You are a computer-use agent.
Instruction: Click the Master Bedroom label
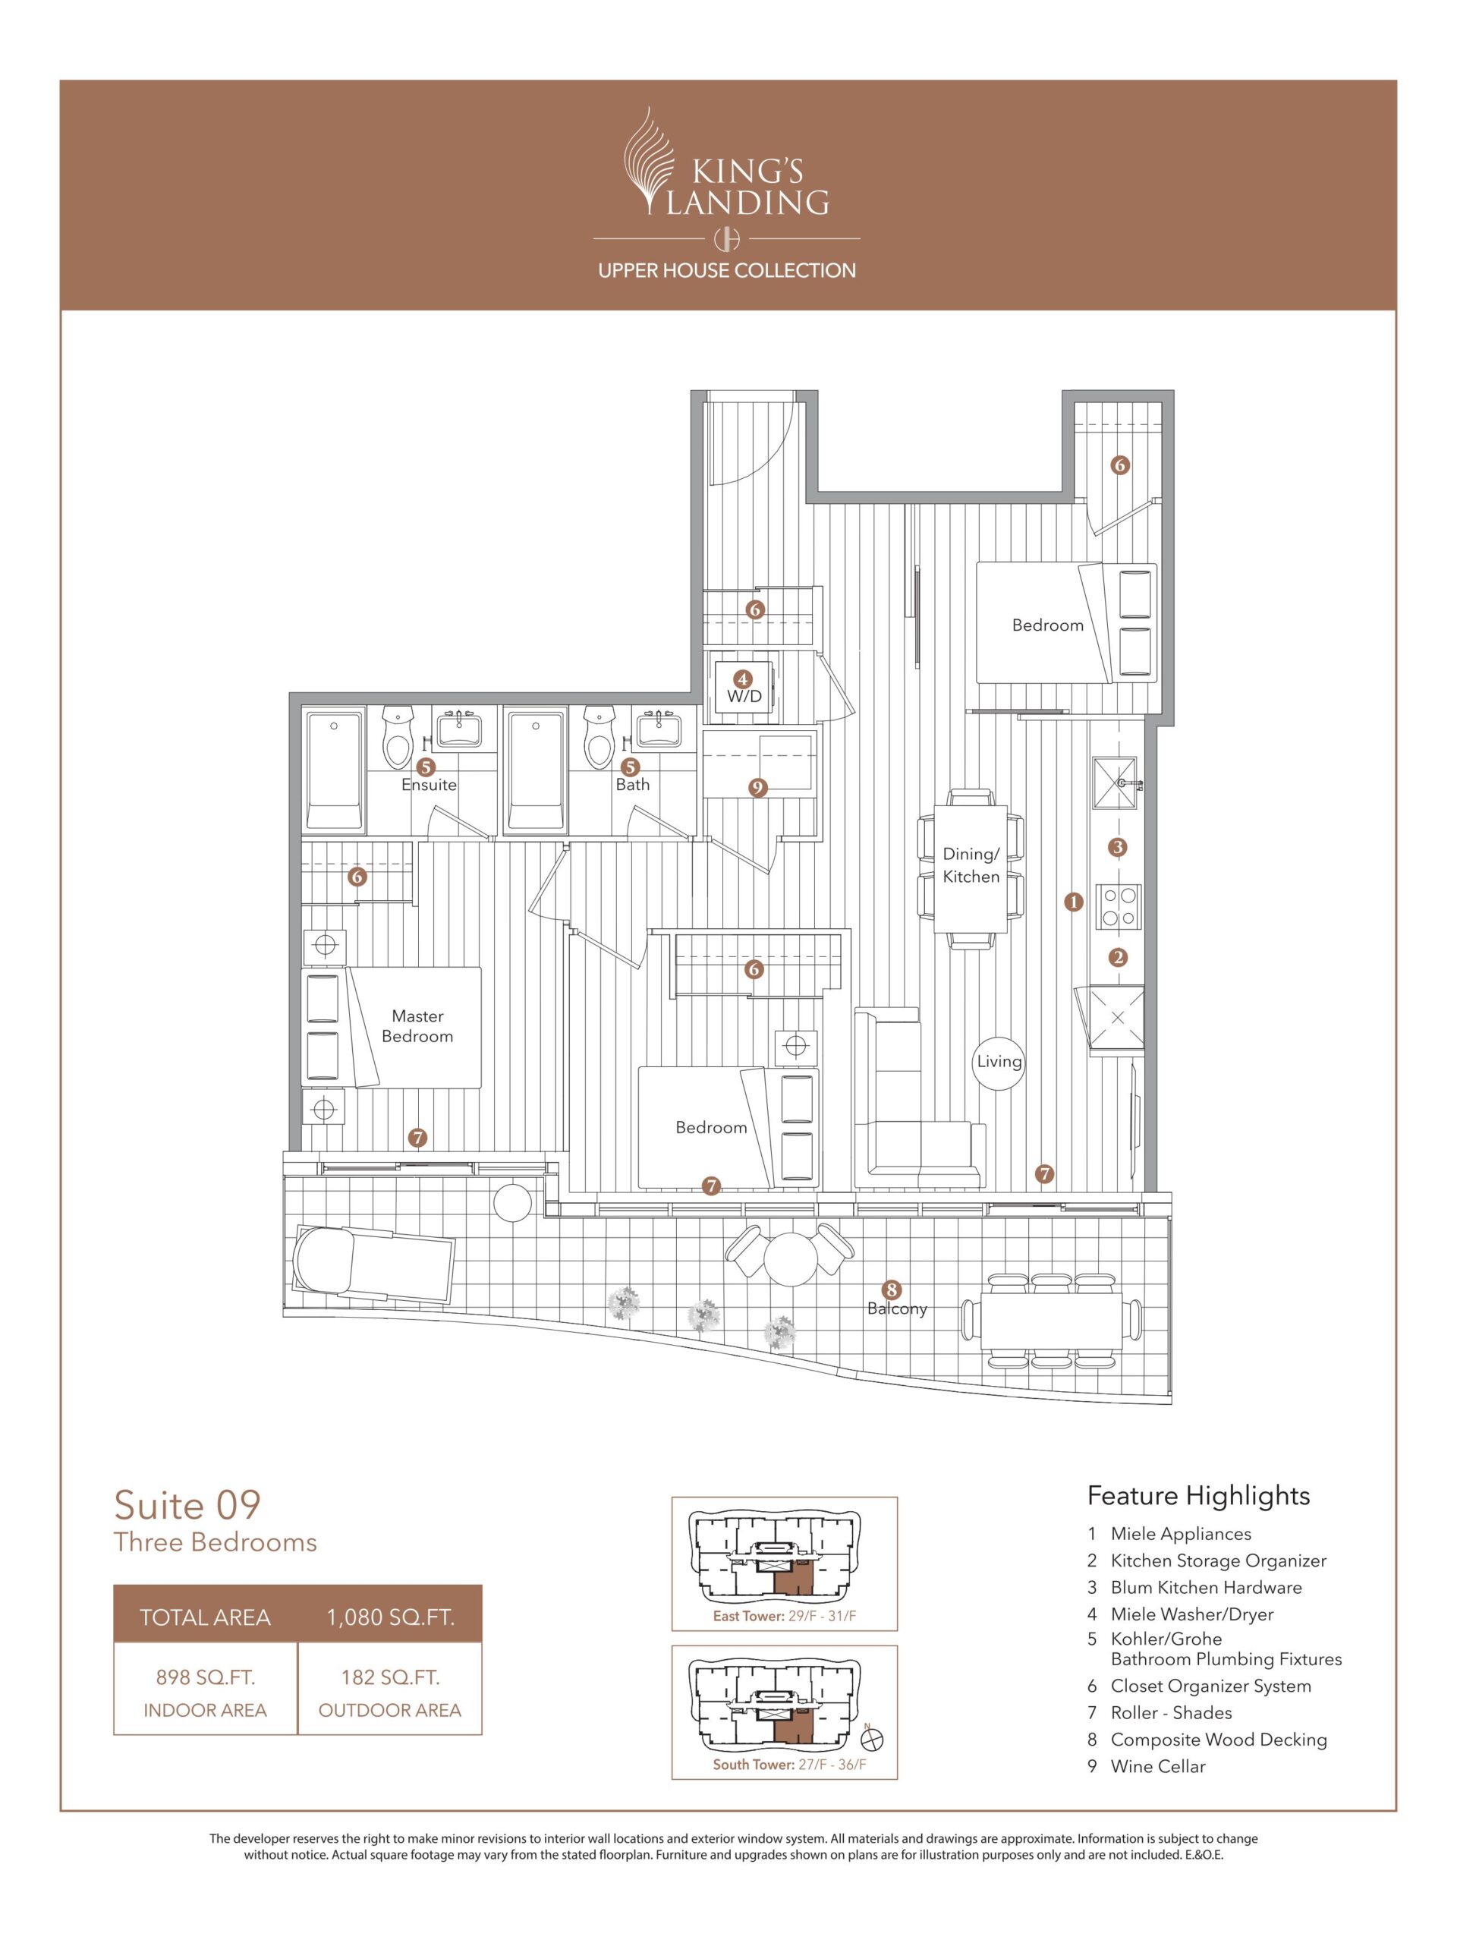[x=417, y=1026]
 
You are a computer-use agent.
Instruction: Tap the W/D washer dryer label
[x=744, y=697]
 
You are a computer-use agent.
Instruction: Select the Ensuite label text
[x=429, y=784]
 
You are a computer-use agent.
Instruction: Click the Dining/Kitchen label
[x=971, y=865]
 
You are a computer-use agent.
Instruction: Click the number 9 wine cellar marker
[x=757, y=788]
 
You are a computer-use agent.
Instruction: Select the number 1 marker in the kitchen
[x=1073, y=901]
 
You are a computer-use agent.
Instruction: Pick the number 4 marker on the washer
[x=743, y=679]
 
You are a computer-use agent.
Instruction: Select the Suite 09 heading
[x=188, y=1504]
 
